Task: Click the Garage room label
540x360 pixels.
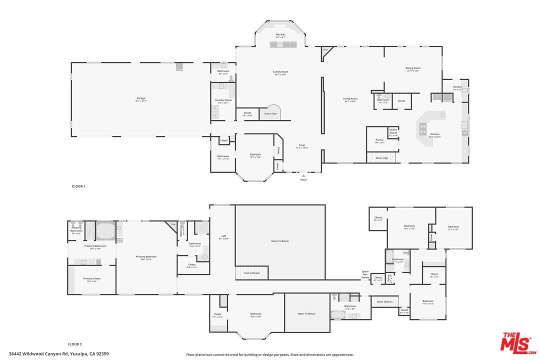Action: click(x=141, y=99)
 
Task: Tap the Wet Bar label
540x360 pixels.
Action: click(x=280, y=35)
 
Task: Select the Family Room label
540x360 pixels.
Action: click(x=280, y=72)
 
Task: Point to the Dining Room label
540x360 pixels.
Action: click(x=413, y=69)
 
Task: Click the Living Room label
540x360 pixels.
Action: click(x=350, y=99)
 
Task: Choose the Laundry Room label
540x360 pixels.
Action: click(x=223, y=101)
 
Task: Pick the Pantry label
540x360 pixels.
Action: click(x=379, y=141)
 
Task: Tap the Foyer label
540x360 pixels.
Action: click(x=302, y=146)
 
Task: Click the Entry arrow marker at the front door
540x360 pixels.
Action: click(x=303, y=176)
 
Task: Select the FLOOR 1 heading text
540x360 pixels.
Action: click(x=78, y=186)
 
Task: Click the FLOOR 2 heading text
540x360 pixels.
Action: click(x=75, y=344)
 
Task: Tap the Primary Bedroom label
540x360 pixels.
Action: click(x=146, y=257)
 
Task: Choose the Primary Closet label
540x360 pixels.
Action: click(x=91, y=279)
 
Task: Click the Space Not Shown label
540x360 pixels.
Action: click(x=365, y=274)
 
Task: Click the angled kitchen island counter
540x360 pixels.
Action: click(x=426, y=129)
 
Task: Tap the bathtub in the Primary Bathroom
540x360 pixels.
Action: click(x=105, y=231)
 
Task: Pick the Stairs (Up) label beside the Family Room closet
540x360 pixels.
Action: click(x=270, y=113)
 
